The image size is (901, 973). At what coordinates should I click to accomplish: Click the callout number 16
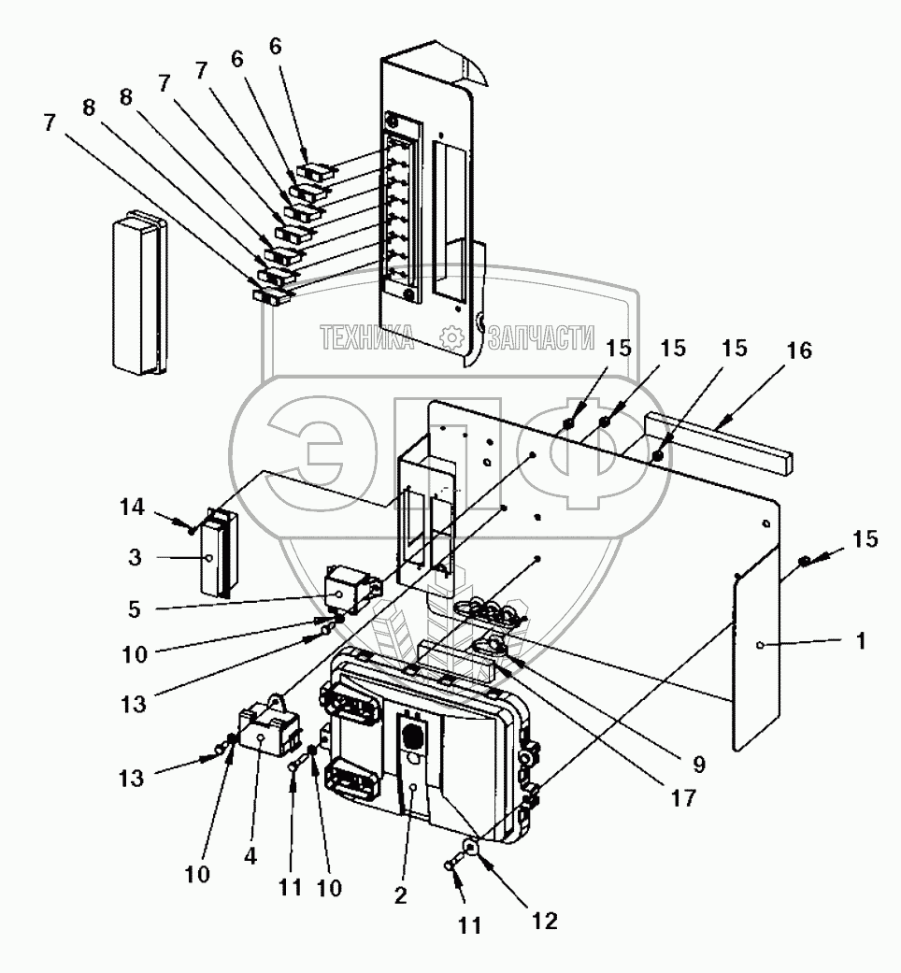798,351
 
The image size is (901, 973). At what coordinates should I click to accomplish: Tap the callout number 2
400,894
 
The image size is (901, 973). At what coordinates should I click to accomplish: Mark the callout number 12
544,920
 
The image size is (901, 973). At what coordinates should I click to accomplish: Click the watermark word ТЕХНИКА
367,337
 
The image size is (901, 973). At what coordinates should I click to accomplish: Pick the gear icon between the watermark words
451,336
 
